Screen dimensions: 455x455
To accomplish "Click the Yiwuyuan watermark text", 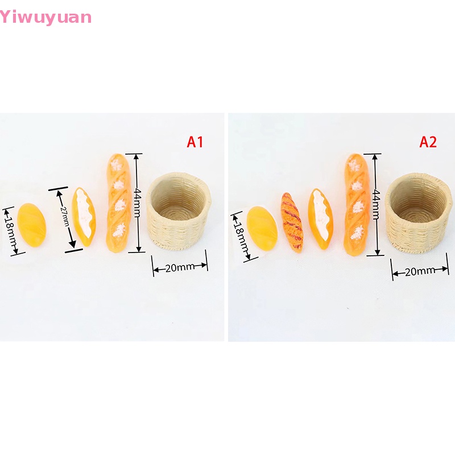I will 45,17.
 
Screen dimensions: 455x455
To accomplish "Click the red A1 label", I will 195,142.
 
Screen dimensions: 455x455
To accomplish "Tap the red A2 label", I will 428,142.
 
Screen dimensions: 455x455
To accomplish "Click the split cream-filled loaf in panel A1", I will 84,217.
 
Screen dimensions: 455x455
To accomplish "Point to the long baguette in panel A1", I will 119,203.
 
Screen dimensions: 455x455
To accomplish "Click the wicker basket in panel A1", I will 179,213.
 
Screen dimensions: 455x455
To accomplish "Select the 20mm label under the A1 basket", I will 180,267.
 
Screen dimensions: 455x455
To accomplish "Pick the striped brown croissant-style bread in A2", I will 291,224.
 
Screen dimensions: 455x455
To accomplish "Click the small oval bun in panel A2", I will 262,228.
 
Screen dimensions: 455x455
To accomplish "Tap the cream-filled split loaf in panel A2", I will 321,219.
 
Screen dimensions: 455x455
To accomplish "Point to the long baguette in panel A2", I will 356,204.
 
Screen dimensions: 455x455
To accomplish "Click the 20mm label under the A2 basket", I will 419,272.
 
